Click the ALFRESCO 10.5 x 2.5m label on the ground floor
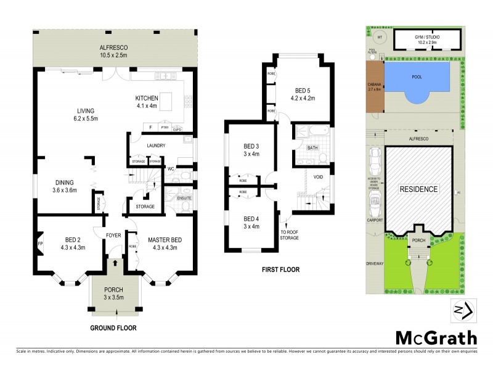pos(114,51)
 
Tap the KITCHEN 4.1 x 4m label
pos(147,102)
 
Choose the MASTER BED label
pos(165,244)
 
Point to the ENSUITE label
pos(184,198)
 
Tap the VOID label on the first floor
pos(318,176)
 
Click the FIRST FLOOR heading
pos(280,269)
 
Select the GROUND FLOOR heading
pos(113,328)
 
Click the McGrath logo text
pos(435,337)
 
